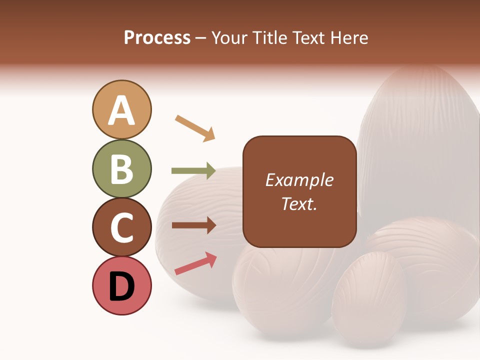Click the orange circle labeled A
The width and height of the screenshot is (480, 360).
121,109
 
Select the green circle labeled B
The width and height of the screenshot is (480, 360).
121,168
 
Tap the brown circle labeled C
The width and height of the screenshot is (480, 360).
121,227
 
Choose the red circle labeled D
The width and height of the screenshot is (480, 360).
121,286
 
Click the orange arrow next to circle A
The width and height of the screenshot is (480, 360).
195,128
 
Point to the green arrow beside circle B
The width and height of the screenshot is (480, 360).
193,170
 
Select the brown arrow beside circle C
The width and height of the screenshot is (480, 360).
193,225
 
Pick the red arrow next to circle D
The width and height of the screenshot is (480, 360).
195,263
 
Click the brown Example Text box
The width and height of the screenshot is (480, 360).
299,191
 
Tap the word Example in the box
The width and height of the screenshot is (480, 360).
299,180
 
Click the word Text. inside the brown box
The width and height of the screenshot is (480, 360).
299,204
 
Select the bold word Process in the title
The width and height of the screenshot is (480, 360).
157,38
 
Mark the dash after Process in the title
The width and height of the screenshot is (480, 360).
201,38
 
